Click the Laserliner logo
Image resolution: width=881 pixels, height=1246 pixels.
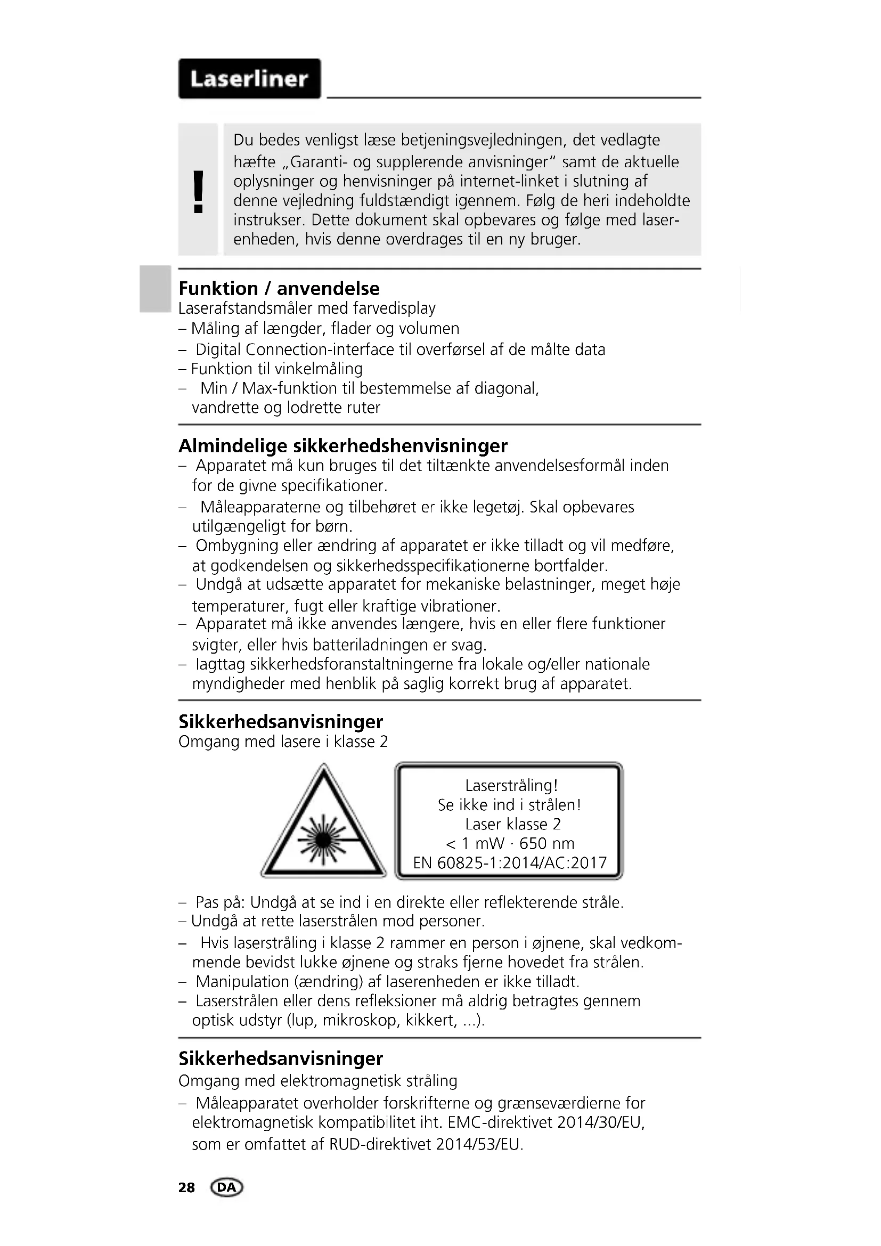(249, 79)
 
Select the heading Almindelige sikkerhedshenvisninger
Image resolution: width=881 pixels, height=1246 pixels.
(343, 445)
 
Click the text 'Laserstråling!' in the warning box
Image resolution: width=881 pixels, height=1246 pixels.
(511, 785)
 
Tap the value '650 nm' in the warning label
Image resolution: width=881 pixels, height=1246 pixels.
(546, 843)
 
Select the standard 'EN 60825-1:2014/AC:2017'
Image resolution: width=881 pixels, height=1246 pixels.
(509, 863)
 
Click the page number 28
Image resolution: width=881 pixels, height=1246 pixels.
(186, 1188)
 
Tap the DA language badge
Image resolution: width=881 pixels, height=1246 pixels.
(227, 1187)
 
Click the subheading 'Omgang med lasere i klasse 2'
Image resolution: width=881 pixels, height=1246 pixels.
(283, 742)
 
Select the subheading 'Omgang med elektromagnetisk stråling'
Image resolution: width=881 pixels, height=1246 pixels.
(317, 1081)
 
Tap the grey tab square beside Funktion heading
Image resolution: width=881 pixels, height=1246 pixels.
(154, 289)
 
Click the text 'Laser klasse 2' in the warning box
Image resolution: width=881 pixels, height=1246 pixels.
(512, 824)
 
